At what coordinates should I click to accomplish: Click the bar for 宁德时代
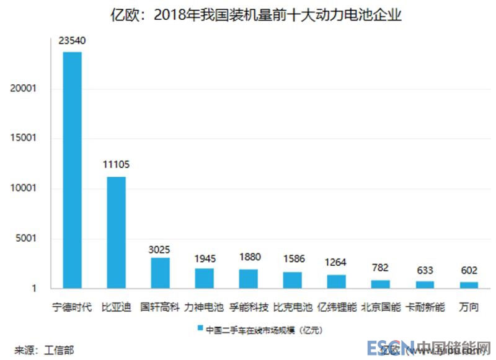73,170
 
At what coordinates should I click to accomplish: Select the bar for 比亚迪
117,232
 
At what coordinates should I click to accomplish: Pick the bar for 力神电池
205,278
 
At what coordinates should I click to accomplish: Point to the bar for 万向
469,285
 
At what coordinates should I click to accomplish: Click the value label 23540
73,42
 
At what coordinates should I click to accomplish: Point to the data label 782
381,268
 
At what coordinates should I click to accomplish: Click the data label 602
469,271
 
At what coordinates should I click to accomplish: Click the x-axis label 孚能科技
249,307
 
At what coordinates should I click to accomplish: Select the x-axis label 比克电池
293,307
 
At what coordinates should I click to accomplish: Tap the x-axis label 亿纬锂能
337,307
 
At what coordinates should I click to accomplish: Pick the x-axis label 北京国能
381,307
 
